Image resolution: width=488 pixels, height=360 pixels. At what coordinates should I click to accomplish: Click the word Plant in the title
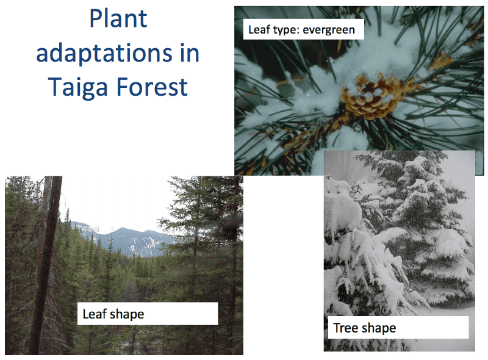point(118,20)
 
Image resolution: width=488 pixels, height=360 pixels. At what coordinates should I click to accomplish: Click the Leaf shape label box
point(147,314)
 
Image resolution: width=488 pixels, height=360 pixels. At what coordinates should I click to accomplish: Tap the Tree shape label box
point(398,328)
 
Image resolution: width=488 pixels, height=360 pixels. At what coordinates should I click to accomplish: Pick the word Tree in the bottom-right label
point(345,328)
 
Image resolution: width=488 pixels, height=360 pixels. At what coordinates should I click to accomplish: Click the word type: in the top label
point(285,29)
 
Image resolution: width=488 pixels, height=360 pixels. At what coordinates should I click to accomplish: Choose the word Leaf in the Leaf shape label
point(94,315)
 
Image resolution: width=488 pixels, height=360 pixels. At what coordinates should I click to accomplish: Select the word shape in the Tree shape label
point(378,328)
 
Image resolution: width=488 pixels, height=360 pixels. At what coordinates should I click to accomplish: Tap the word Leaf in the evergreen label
point(259,29)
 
